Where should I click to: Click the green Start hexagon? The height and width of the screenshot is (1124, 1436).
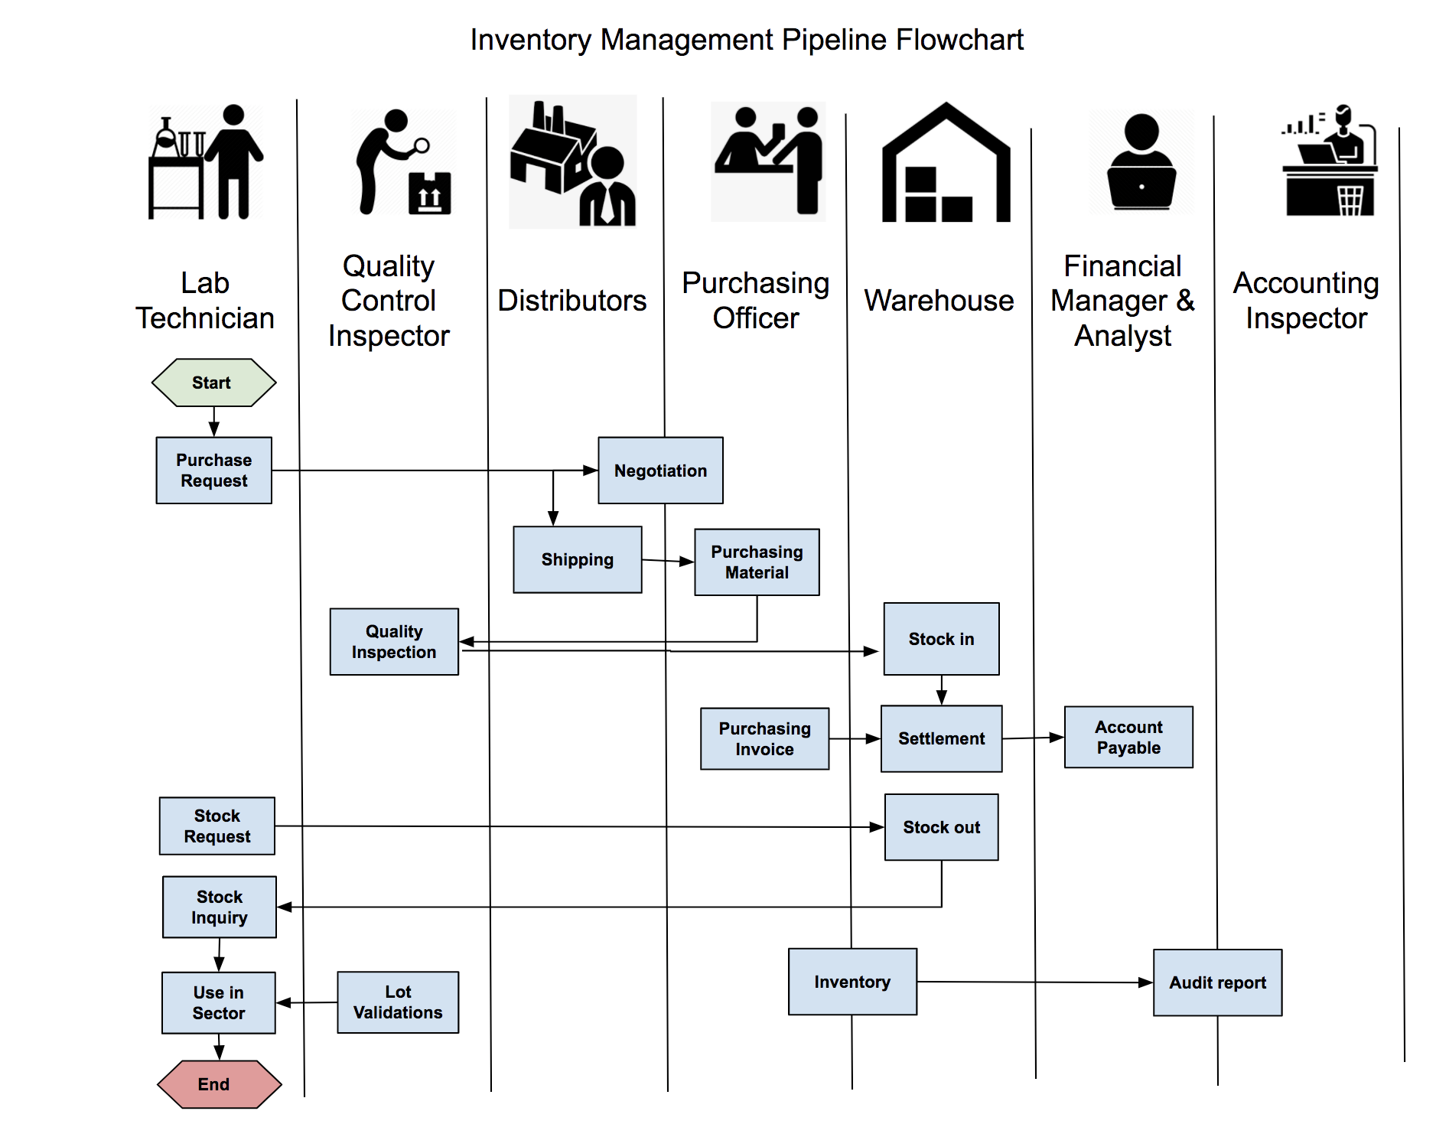tap(213, 383)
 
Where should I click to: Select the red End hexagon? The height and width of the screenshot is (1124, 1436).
tap(219, 1083)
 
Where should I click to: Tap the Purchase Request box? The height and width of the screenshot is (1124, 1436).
tap(213, 470)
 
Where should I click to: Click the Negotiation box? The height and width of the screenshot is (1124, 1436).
tap(660, 470)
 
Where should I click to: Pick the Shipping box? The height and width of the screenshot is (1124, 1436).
tap(577, 559)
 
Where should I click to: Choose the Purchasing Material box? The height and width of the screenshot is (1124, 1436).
tap(757, 562)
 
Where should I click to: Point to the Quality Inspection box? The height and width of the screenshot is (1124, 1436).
tap(394, 641)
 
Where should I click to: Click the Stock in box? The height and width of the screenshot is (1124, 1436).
tap(941, 638)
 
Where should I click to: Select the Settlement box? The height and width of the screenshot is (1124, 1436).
tap(941, 738)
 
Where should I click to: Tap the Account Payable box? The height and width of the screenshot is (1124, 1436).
tap(1128, 737)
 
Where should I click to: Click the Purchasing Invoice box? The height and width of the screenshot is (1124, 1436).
tap(764, 738)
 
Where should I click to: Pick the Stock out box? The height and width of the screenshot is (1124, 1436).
tap(941, 827)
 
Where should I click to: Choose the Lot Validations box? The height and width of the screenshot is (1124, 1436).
tap(398, 1002)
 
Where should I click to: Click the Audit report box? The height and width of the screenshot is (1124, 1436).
tap(1217, 982)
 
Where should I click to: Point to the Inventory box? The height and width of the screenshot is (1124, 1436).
tap(852, 982)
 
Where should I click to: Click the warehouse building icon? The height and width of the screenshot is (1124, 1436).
tap(946, 164)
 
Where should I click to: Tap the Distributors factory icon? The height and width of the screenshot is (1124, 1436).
tap(572, 162)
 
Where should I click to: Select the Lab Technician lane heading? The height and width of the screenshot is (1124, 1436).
tap(205, 300)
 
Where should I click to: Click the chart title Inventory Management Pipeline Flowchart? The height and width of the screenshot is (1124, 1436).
tap(747, 40)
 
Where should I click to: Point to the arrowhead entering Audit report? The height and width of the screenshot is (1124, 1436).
tap(1146, 982)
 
